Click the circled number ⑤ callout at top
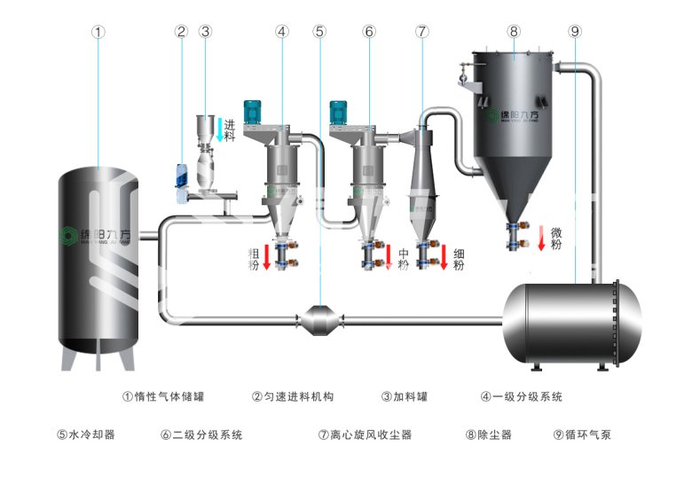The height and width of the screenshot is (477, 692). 319,31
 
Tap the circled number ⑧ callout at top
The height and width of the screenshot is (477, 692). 513,31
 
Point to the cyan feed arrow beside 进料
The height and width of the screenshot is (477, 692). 218,131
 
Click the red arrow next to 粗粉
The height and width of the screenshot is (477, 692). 265,258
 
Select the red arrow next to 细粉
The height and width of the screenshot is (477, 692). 444,258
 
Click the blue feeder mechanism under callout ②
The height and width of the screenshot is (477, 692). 181,177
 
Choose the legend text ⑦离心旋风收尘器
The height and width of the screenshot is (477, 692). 364,434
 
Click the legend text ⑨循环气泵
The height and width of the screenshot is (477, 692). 581,434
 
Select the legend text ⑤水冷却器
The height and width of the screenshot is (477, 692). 86,434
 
